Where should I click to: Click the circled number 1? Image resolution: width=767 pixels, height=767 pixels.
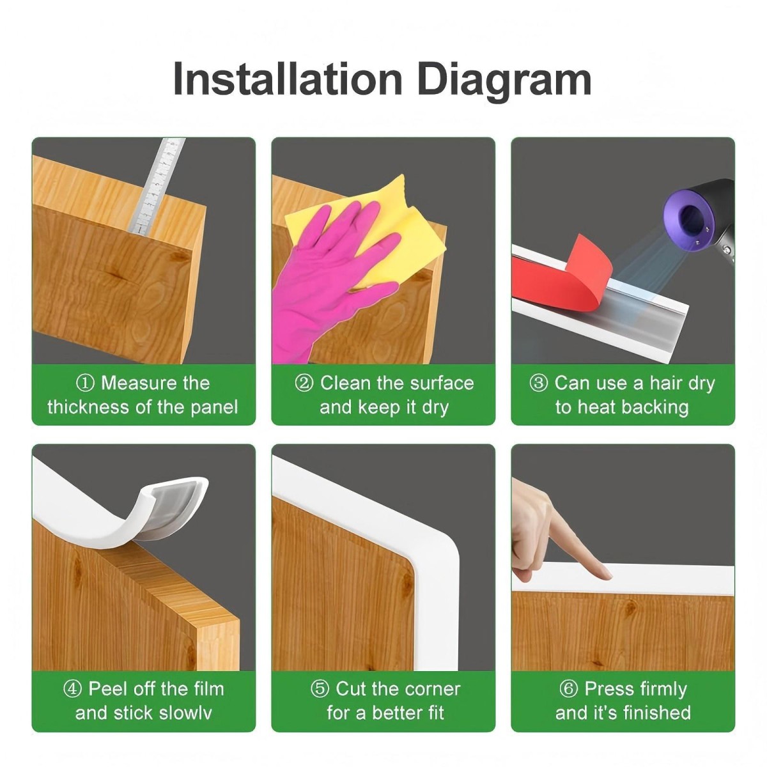[85, 383]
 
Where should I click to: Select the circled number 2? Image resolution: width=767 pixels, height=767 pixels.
[304, 383]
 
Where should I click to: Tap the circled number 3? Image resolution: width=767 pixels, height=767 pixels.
[539, 383]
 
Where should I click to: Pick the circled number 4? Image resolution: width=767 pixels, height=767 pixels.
[73, 689]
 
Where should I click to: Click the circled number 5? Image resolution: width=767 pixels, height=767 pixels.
[320, 689]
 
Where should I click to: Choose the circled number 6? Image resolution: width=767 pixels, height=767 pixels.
[569, 689]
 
